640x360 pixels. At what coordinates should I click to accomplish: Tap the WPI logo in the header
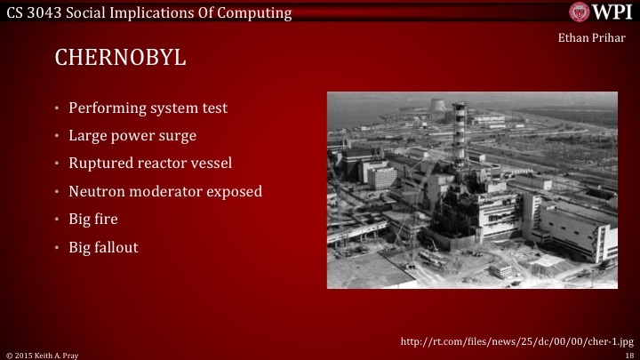click(600, 12)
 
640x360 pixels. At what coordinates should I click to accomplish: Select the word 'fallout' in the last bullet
click(117, 246)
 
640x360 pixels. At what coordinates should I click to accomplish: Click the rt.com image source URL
click(516, 340)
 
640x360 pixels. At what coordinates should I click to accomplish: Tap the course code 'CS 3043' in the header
click(31, 12)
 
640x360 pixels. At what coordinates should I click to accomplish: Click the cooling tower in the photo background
click(438, 108)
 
